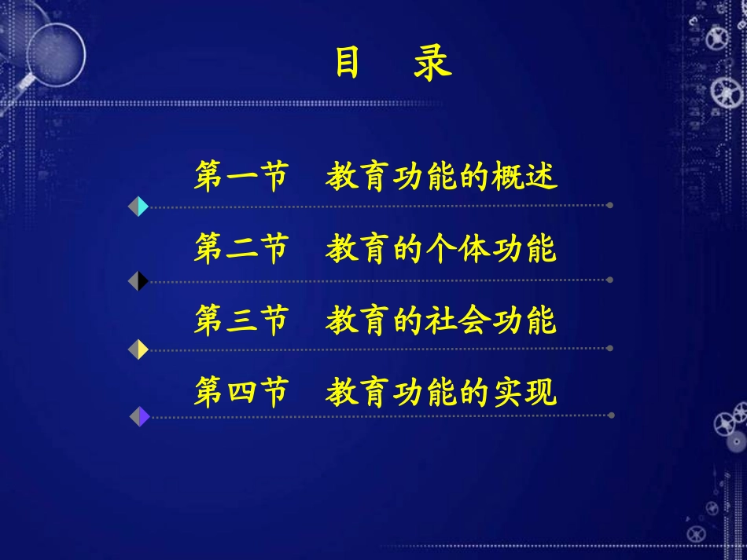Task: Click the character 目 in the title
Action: (347, 64)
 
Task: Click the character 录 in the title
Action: (432, 64)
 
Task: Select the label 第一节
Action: (241, 177)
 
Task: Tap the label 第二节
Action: (241, 249)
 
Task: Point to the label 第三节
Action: (241, 321)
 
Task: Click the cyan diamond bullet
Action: (138, 207)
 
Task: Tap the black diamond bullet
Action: (138, 280)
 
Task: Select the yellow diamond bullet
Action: (138, 350)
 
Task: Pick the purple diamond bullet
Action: (139, 416)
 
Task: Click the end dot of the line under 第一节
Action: (609, 206)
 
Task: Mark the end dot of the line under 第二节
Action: (609, 280)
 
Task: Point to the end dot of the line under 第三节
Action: (609, 348)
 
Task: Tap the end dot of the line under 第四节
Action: (609, 415)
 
